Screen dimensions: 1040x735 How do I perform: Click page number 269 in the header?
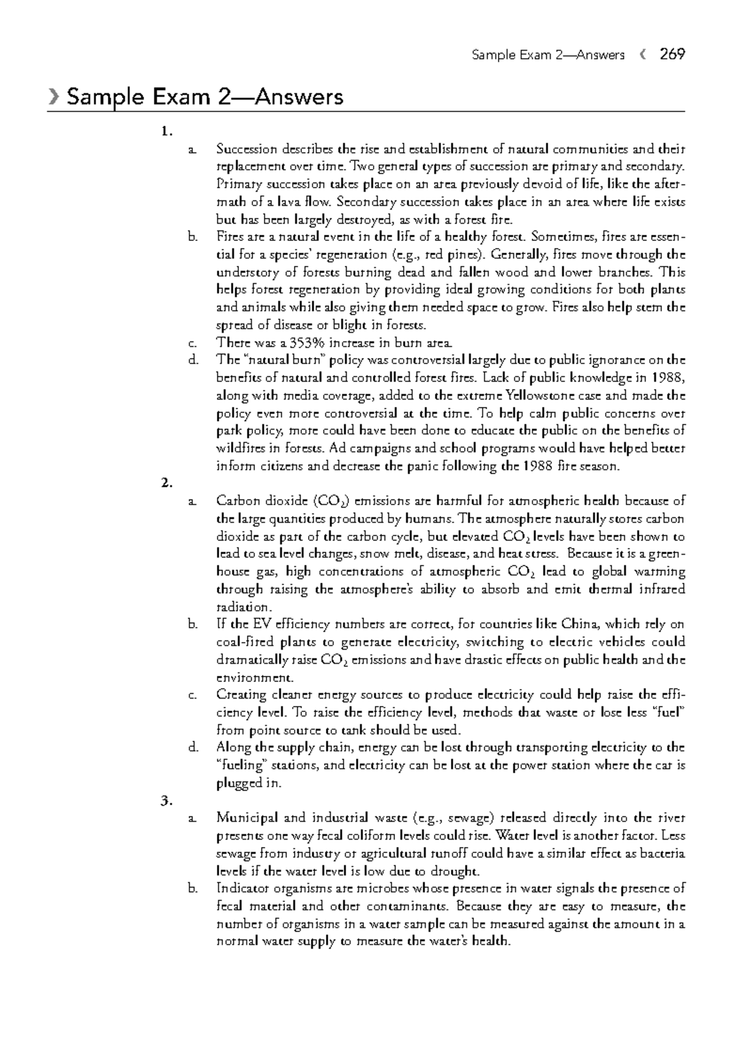(672, 55)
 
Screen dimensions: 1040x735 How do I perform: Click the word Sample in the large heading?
(99, 97)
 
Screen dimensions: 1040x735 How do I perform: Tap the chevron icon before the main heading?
(54, 97)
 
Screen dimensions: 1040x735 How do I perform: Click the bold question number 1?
(164, 131)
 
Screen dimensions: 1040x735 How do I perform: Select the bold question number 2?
(164, 484)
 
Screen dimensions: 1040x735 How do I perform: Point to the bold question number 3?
(164, 800)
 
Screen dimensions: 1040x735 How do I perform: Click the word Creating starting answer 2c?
(241, 695)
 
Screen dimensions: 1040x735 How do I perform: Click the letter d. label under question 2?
(193, 748)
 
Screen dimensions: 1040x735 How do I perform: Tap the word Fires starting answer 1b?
(230, 237)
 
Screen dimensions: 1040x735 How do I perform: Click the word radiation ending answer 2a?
(243, 607)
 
